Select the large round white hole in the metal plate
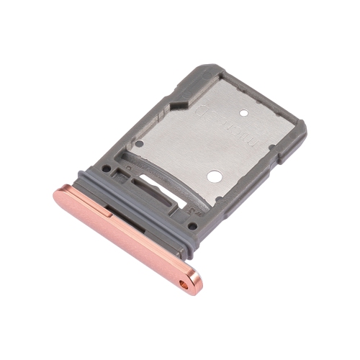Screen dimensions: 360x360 [x=214, y=175]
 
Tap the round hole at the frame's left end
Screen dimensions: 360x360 [x=106, y=170]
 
